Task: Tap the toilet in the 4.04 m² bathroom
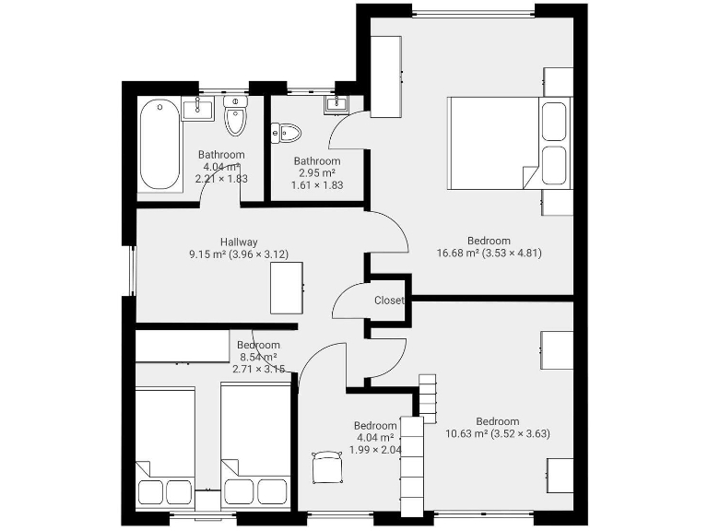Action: (x=236, y=116)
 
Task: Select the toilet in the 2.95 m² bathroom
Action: (x=288, y=134)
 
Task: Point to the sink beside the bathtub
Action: (x=196, y=109)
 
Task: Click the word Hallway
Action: (x=239, y=242)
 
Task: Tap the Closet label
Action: (x=389, y=301)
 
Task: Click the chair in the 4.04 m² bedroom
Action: (x=326, y=466)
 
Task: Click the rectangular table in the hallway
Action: (x=287, y=288)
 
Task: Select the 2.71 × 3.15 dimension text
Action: (x=258, y=369)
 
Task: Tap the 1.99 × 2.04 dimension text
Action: (x=374, y=450)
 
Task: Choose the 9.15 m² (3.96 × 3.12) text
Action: (x=239, y=254)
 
